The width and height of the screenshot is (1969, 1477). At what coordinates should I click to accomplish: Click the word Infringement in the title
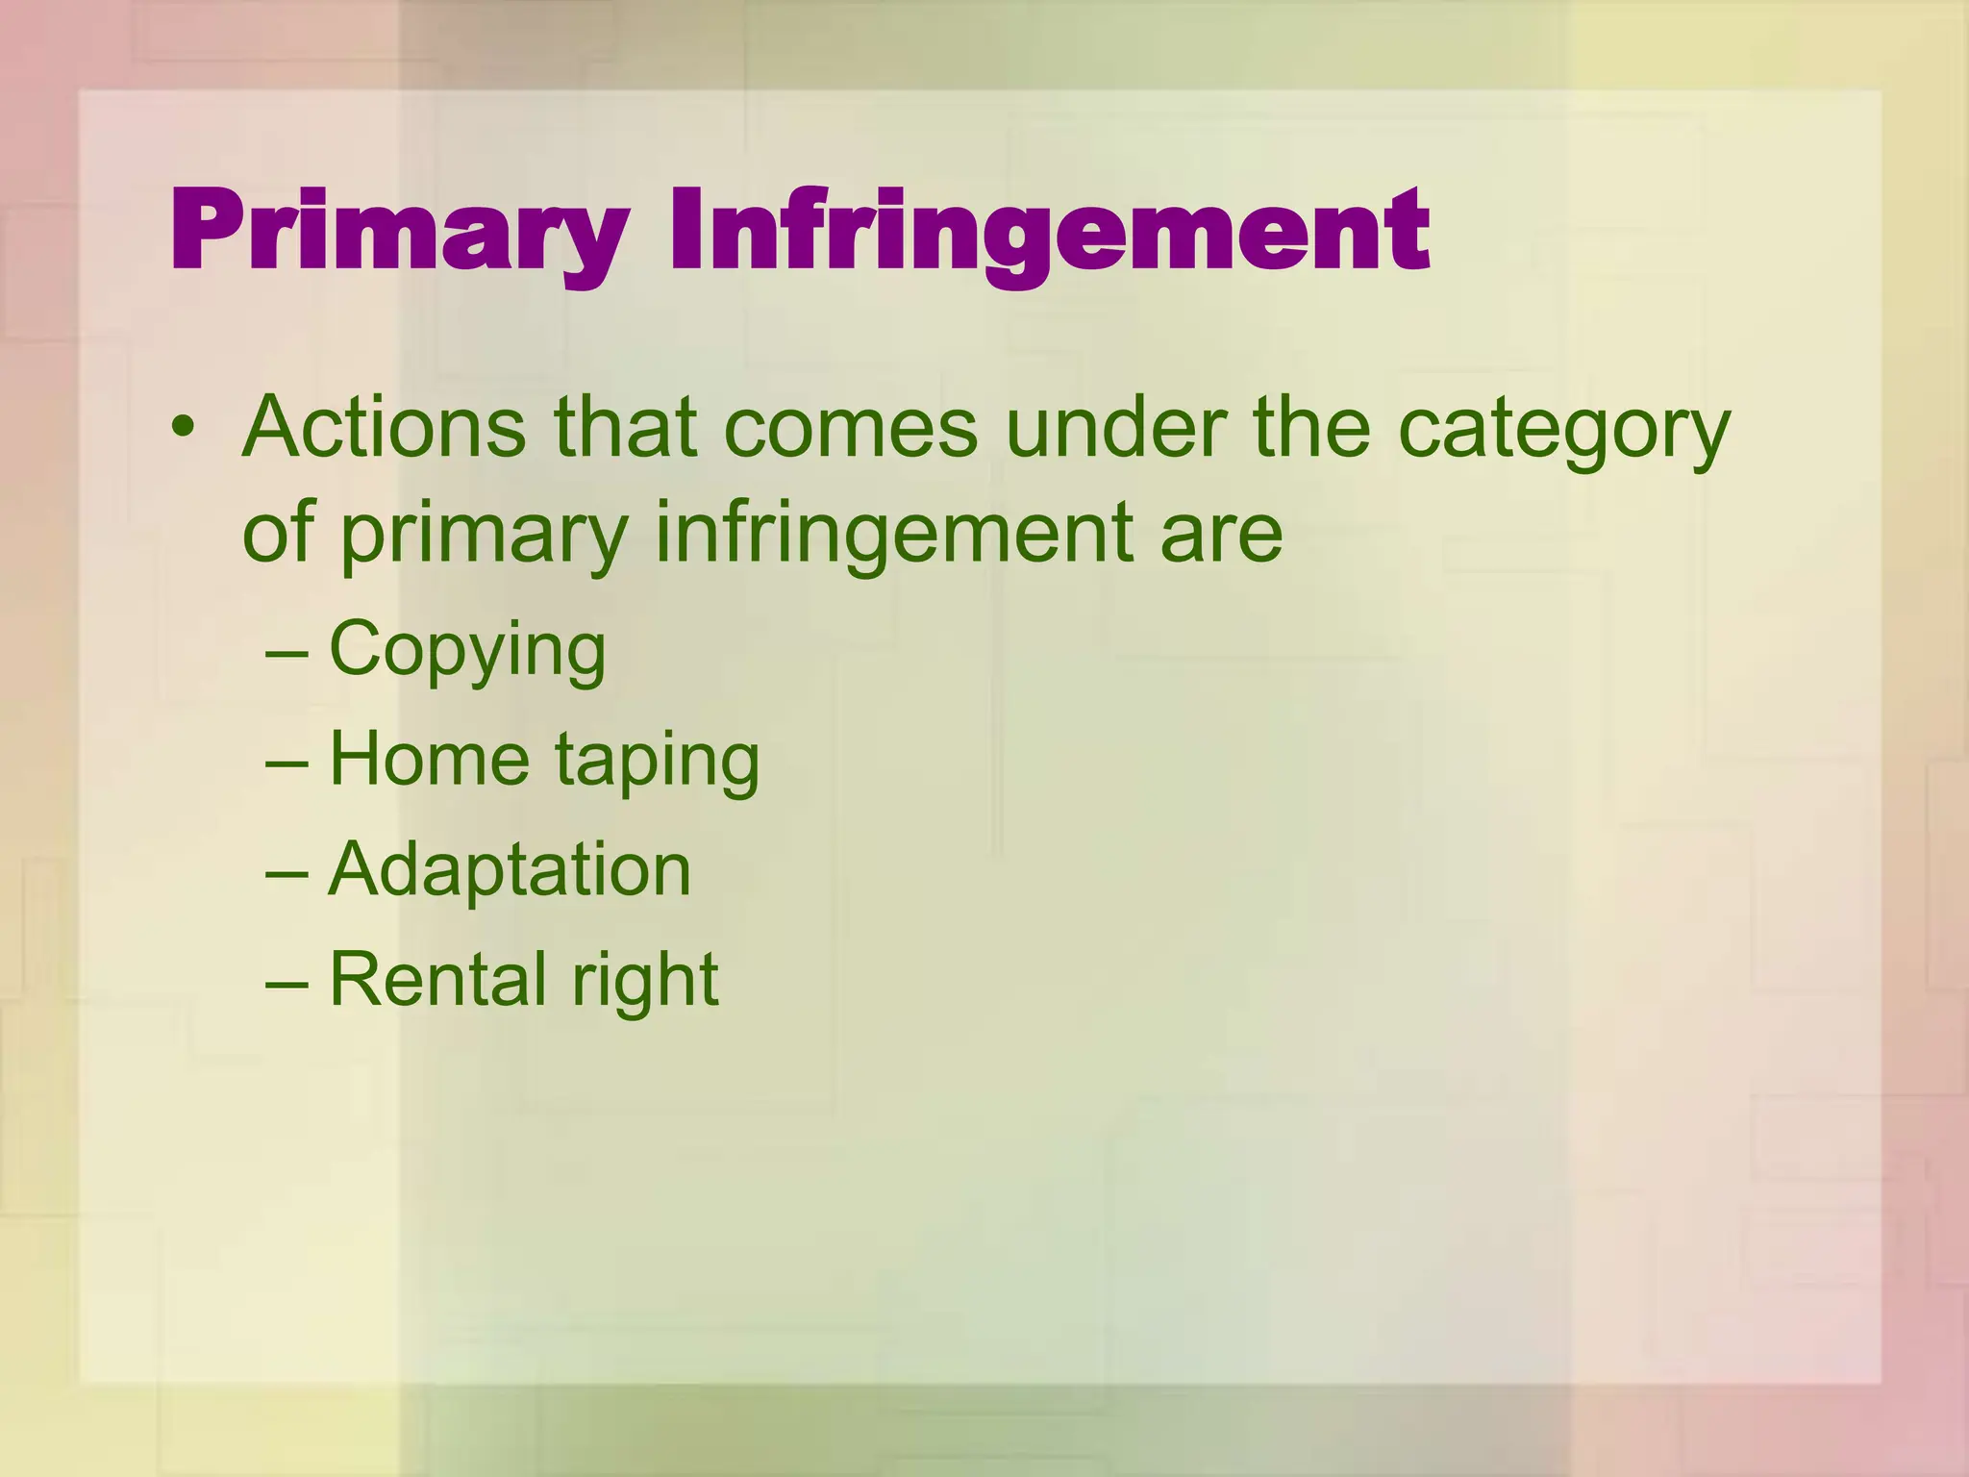click(x=1049, y=233)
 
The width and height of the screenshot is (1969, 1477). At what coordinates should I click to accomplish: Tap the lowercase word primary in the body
click(x=484, y=535)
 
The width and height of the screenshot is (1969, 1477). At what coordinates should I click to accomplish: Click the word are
click(x=1221, y=535)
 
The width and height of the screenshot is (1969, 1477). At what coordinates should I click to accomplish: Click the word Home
click(x=429, y=760)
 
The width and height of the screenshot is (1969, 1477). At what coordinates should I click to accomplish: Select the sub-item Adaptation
click(x=510, y=869)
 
